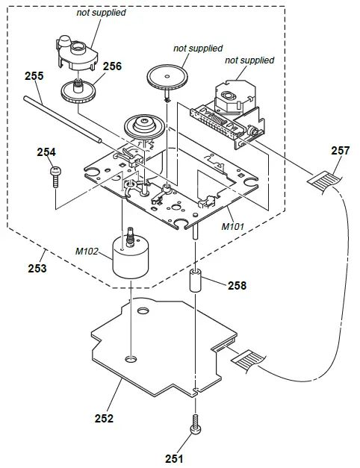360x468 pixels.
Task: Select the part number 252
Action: (x=104, y=419)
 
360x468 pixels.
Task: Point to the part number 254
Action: (x=46, y=152)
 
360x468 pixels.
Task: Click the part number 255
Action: (x=33, y=75)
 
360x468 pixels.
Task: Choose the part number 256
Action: (x=111, y=66)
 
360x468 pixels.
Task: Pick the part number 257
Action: (x=340, y=151)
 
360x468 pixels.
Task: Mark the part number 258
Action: (x=237, y=284)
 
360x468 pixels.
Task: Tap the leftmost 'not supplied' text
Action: (x=101, y=13)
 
